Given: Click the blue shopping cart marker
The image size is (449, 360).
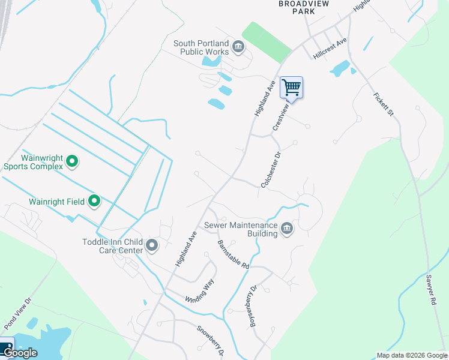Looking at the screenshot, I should click(x=292, y=88).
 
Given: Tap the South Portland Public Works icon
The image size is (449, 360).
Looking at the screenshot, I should click(x=238, y=47).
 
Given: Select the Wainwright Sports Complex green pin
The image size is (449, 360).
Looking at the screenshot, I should click(x=72, y=161).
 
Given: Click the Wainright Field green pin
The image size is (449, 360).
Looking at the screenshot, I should click(x=94, y=202).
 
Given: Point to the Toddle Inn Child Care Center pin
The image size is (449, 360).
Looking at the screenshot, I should click(x=151, y=245).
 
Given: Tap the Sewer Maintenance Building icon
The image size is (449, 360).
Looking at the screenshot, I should click(x=287, y=229).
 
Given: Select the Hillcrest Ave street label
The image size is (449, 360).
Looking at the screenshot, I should click(x=330, y=49).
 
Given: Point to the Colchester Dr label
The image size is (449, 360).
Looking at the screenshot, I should click(x=271, y=170).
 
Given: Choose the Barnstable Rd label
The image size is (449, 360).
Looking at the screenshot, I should click(x=233, y=254).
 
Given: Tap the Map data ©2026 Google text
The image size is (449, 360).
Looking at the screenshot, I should click(x=411, y=355).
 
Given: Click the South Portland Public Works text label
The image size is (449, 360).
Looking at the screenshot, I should click(x=201, y=47).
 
